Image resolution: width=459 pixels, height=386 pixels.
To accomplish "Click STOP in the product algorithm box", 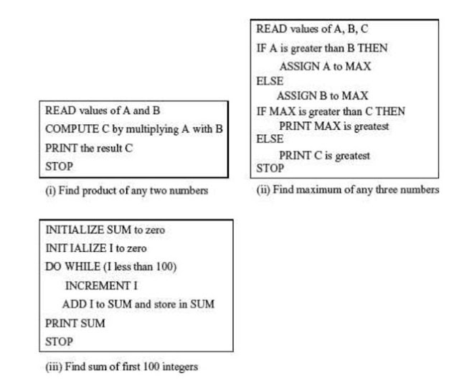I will pyautogui.click(x=58, y=166).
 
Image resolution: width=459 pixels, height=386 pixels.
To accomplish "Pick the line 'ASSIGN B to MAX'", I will pyautogui.click(x=322, y=95).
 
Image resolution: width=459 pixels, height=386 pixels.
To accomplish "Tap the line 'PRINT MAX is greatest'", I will pyautogui.click(x=333, y=126).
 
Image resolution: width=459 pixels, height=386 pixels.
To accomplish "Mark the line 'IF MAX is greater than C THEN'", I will pyautogui.click(x=331, y=111).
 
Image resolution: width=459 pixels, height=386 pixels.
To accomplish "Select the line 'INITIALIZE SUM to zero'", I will pyautogui.click(x=100, y=230).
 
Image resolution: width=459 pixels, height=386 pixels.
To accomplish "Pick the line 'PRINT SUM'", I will pyautogui.click(x=75, y=323).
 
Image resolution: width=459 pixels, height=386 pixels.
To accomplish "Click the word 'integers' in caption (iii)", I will pyautogui.click(x=179, y=367).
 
